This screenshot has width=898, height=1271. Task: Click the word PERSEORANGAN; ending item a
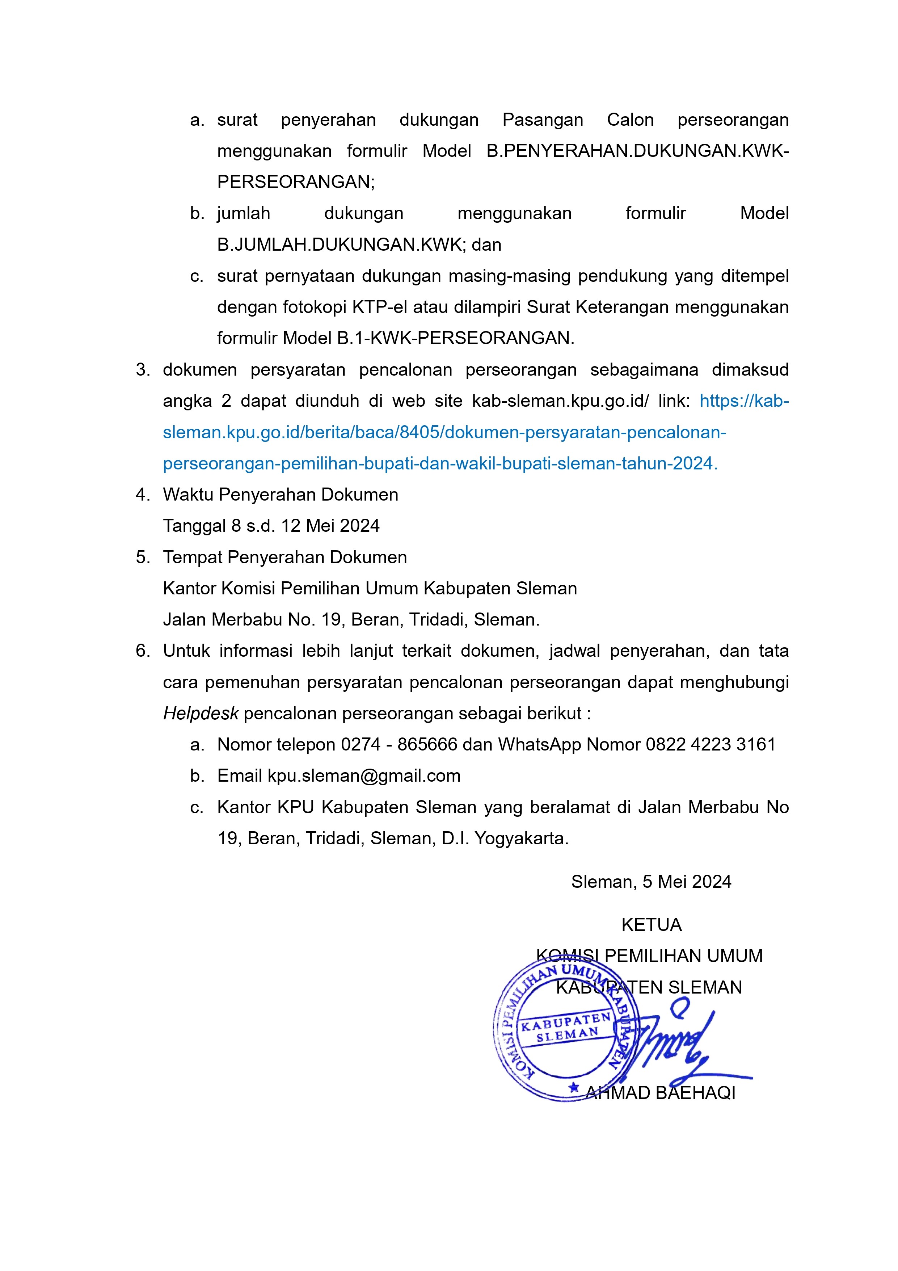[296, 182]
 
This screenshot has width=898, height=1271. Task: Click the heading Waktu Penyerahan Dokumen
[281, 494]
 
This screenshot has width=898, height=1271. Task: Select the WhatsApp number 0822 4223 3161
[711, 745]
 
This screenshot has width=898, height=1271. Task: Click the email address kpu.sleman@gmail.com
[364, 776]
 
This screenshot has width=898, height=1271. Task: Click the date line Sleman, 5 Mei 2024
[651, 882]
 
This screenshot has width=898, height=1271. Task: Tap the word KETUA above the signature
[651, 925]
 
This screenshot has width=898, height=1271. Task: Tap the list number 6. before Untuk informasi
[143, 651]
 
